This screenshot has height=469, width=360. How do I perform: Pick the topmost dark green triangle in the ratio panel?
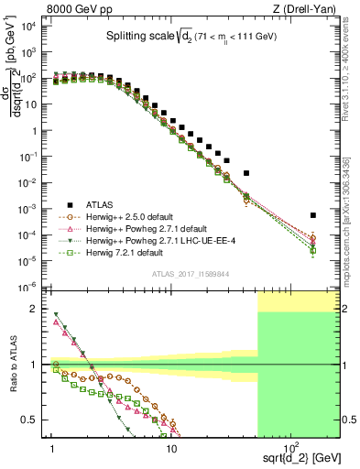tap(56, 315)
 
